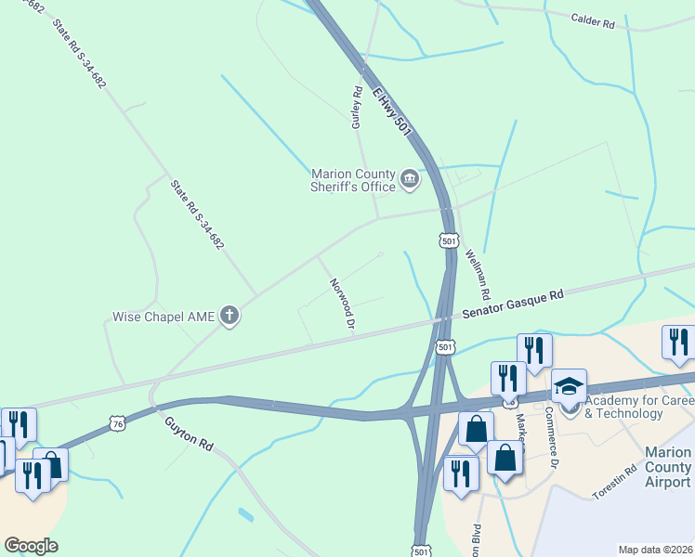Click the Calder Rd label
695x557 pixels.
593,21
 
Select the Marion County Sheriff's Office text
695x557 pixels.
352,180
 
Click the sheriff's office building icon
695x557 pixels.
410,178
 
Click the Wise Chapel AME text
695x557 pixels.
164,317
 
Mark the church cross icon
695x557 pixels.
229,317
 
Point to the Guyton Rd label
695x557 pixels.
190,433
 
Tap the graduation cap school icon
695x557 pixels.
569,386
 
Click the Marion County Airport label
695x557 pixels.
667,467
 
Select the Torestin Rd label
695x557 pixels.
615,483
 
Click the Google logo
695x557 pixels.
31,546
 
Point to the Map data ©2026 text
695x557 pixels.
655,550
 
